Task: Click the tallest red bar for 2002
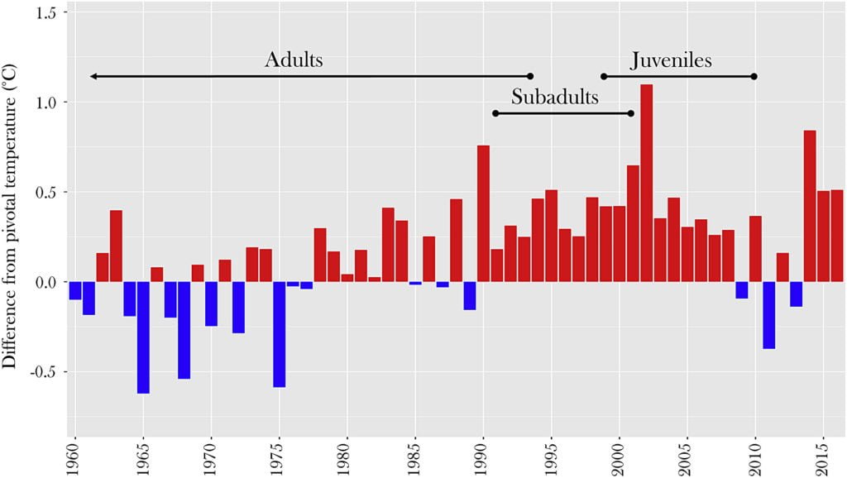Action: [x=647, y=183]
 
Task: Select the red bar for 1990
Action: [x=483, y=213]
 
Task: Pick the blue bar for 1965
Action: [x=143, y=337]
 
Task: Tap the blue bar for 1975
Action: [x=280, y=334]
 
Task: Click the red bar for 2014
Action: [x=810, y=206]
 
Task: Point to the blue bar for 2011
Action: [x=769, y=315]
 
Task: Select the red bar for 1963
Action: [x=116, y=246]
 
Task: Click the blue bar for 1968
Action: [x=184, y=330]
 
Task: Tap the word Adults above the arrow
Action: [x=294, y=60]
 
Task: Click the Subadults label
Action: [x=554, y=98]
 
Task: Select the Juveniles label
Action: [x=671, y=60]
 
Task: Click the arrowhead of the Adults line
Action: [x=93, y=76]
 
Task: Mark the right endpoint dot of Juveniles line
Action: [x=754, y=76]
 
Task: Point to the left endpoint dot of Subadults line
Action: [x=495, y=113]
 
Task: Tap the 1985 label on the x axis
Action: [x=416, y=457]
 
